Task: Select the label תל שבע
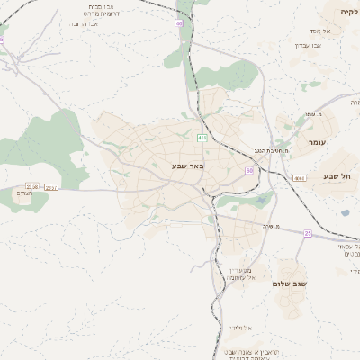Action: tap(338, 176)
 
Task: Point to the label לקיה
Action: tap(348, 12)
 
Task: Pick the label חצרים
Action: tap(24, 193)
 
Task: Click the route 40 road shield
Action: tap(179, 22)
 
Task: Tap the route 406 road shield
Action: tap(202, 137)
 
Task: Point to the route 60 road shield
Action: tap(249, 168)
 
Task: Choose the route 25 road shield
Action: tap(308, 234)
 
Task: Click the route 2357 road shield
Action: tap(51, 188)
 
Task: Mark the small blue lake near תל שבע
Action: tap(345, 213)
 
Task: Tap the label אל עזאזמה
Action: tap(265, 278)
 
